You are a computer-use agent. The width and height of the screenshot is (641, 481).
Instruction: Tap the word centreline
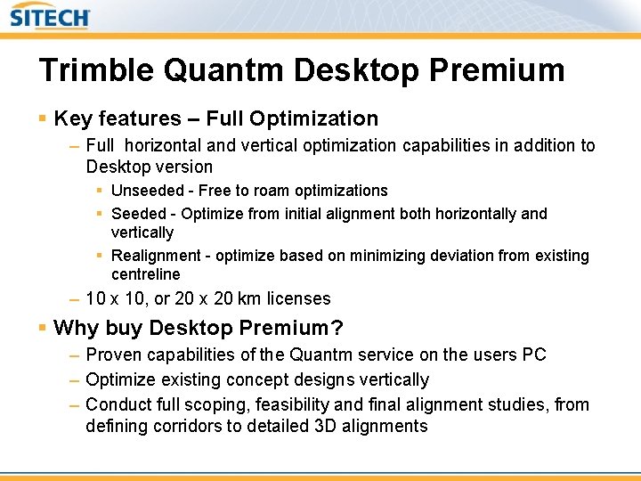[x=145, y=274]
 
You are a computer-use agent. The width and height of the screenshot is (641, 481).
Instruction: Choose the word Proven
[x=114, y=355]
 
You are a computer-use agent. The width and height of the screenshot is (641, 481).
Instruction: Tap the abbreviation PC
[x=534, y=355]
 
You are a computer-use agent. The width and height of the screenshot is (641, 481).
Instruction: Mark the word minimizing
[x=392, y=257]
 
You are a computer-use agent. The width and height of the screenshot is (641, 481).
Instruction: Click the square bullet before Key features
[x=43, y=118]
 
